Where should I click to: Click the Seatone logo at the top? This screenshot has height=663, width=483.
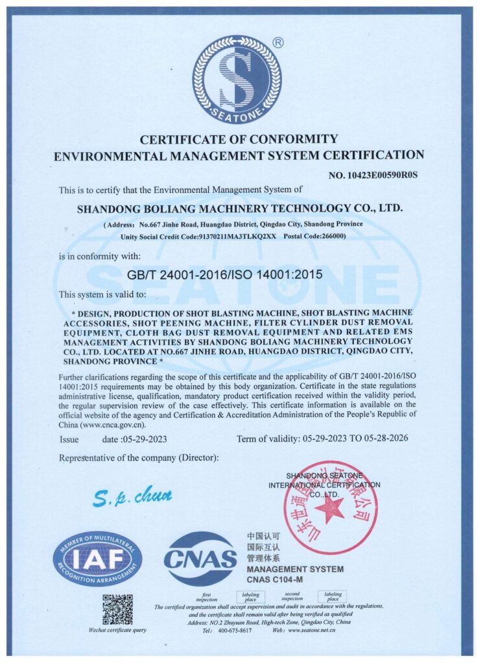(x=237, y=80)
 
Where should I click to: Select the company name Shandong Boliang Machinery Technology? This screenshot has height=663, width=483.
(x=240, y=208)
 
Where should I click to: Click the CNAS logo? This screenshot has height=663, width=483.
(x=200, y=559)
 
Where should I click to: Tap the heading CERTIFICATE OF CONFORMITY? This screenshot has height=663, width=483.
(x=239, y=139)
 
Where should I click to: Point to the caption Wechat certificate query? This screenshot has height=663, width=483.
(x=117, y=630)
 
